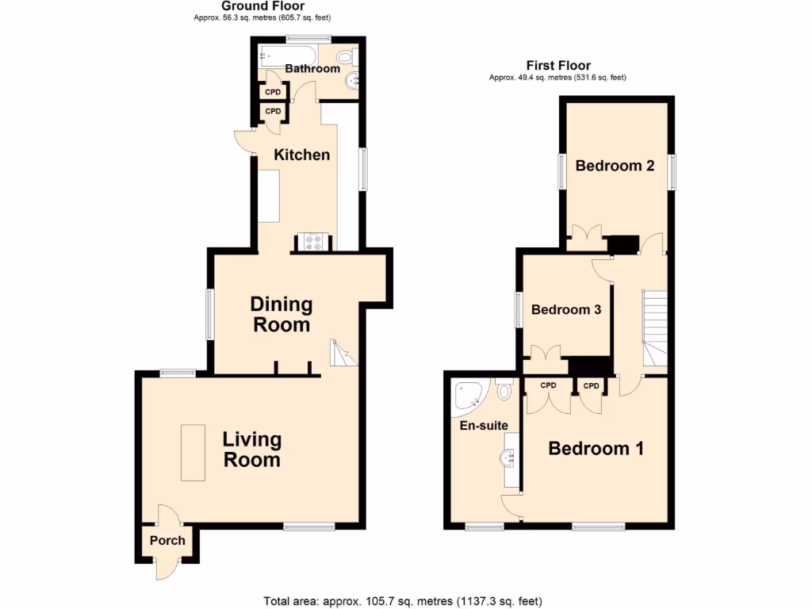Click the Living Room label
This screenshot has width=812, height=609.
coord(251,450)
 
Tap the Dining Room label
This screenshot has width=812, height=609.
coord(281,314)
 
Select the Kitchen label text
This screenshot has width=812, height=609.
coord(301,155)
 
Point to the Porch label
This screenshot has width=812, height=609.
coord(167,541)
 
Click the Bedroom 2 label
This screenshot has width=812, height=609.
coord(615,166)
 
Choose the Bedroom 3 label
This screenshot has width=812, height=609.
coord(565,309)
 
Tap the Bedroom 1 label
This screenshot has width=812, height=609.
coord(596,449)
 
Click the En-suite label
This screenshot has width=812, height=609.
coord(484,426)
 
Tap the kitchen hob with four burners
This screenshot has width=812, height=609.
coord(313,241)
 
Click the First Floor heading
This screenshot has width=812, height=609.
coord(558,66)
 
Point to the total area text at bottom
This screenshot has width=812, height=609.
coord(402,600)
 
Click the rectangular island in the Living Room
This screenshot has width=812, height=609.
coord(193,452)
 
